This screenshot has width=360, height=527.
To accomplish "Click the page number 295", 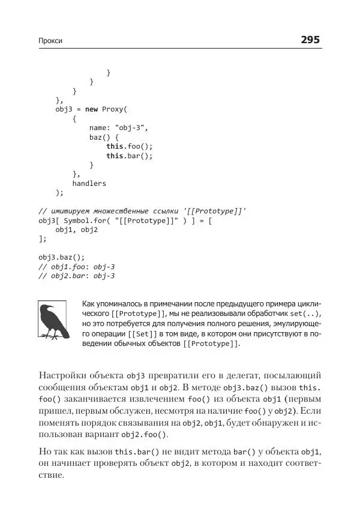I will pos(311,40).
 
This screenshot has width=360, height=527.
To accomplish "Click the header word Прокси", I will pos(50,41).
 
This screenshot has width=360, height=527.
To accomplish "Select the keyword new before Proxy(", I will pos(91,109).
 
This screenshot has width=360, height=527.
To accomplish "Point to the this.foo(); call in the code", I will pos(130,146).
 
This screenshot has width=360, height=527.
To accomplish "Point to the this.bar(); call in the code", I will pos(130,156).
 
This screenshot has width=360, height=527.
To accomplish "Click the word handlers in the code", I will pos(89,183).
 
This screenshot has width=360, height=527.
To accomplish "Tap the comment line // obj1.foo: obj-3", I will pos(76,266).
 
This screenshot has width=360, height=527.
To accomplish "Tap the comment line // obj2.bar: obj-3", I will pos(76,276).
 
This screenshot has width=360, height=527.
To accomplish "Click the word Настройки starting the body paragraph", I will pos(63,375).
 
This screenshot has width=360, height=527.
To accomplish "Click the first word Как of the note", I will pos(89,304).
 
